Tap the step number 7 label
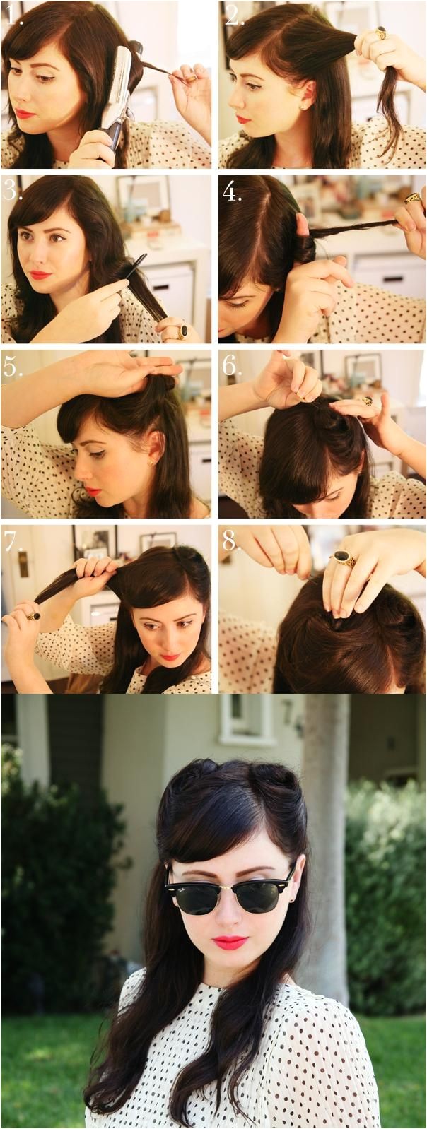(12, 541)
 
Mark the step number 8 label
(230, 541)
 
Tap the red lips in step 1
(25, 114)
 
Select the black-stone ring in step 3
(182, 331)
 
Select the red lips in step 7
(170, 657)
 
